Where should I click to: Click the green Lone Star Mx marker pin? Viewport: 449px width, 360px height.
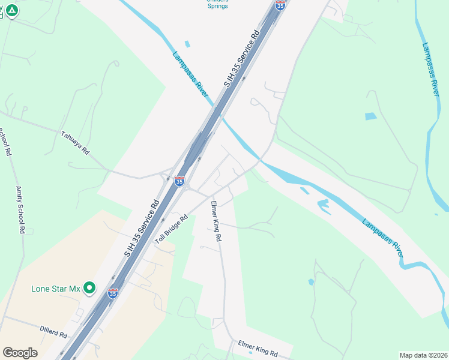pos(89,288)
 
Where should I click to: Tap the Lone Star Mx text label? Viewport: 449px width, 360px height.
pos(56,289)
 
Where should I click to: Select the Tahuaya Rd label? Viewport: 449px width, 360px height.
pos(75,143)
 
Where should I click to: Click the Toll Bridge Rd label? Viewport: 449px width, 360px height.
pos(172,229)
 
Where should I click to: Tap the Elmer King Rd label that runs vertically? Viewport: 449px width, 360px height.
pos(216,221)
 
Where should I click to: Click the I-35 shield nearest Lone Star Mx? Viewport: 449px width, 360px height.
pos(113,293)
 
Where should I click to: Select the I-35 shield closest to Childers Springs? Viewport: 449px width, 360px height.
pos(280,5)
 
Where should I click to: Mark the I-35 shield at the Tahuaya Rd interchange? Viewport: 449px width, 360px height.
pos(179,180)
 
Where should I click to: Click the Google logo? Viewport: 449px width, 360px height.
pos(20,352)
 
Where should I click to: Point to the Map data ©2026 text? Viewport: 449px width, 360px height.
pos(423,355)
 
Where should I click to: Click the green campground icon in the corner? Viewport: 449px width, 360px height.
pos(11,10)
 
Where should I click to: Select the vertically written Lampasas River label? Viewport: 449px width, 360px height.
pos(431,68)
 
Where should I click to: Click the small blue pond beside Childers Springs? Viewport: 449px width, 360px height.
pos(187,44)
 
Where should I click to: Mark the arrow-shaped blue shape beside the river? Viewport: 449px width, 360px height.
pos(324,205)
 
